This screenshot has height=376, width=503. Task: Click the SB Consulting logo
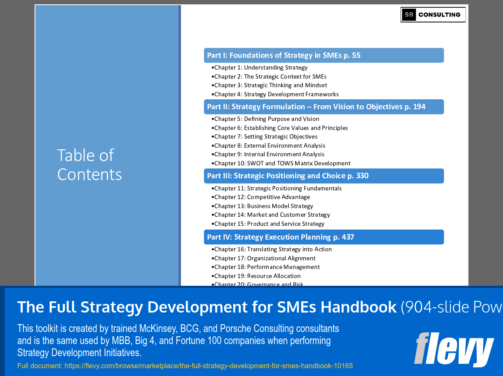(433, 15)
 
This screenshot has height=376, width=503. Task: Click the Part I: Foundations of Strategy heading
(283, 55)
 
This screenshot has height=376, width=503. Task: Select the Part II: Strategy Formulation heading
(316, 107)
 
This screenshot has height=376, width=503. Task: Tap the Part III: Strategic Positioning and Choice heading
(288, 176)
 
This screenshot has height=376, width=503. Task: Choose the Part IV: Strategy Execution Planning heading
(280, 237)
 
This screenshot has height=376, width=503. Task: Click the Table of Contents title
(89, 164)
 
